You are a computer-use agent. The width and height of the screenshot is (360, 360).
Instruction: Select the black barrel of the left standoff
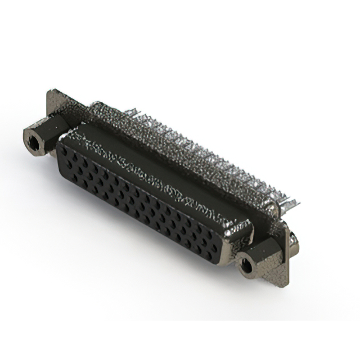click(x=49, y=130)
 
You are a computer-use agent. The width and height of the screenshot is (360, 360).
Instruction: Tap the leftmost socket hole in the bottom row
click(x=74, y=178)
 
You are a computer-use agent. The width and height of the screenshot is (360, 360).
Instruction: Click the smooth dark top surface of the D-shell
click(x=157, y=163)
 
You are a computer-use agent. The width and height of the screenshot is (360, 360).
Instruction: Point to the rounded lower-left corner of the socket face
click(x=63, y=169)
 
